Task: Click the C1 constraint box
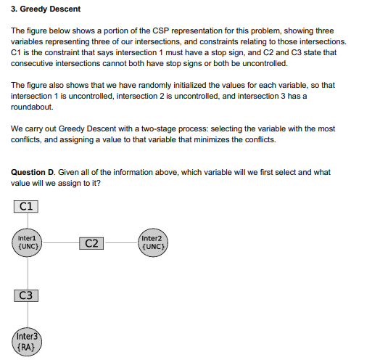pyautogui.click(x=26, y=206)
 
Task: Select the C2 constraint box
pyautogui.click(x=91, y=243)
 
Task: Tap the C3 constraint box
pyautogui.click(x=26, y=295)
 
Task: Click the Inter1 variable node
pyautogui.click(x=28, y=242)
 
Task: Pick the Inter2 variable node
pyautogui.click(x=153, y=242)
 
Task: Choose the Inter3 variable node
pyautogui.click(x=27, y=341)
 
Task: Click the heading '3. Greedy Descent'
pyautogui.click(x=46, y=9)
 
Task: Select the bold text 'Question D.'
pyautogui.click(x=33, y=172)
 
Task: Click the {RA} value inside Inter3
pyautogui.click(x=27, y=346)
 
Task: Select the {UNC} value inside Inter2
pyautogui.click(x=153, y=247)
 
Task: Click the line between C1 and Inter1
pyautogui.click(x=27, y=221)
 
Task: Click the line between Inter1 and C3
pyautogui.click(x=27, y=272)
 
